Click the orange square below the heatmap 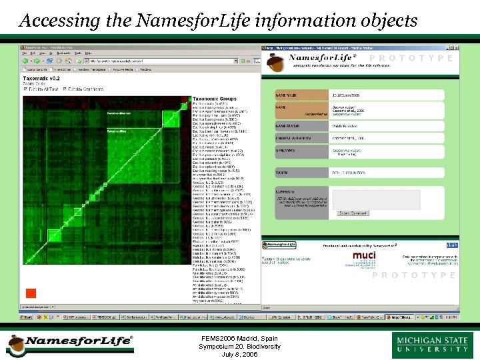[30, 293]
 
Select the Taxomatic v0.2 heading [42, 77]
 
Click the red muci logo [364, 256]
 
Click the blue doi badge [451, 245]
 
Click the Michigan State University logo [433, 345]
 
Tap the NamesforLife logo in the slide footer [69, 343]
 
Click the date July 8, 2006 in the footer [239, 354]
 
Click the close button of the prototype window [456, 48]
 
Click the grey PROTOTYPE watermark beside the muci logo [413, 275]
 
